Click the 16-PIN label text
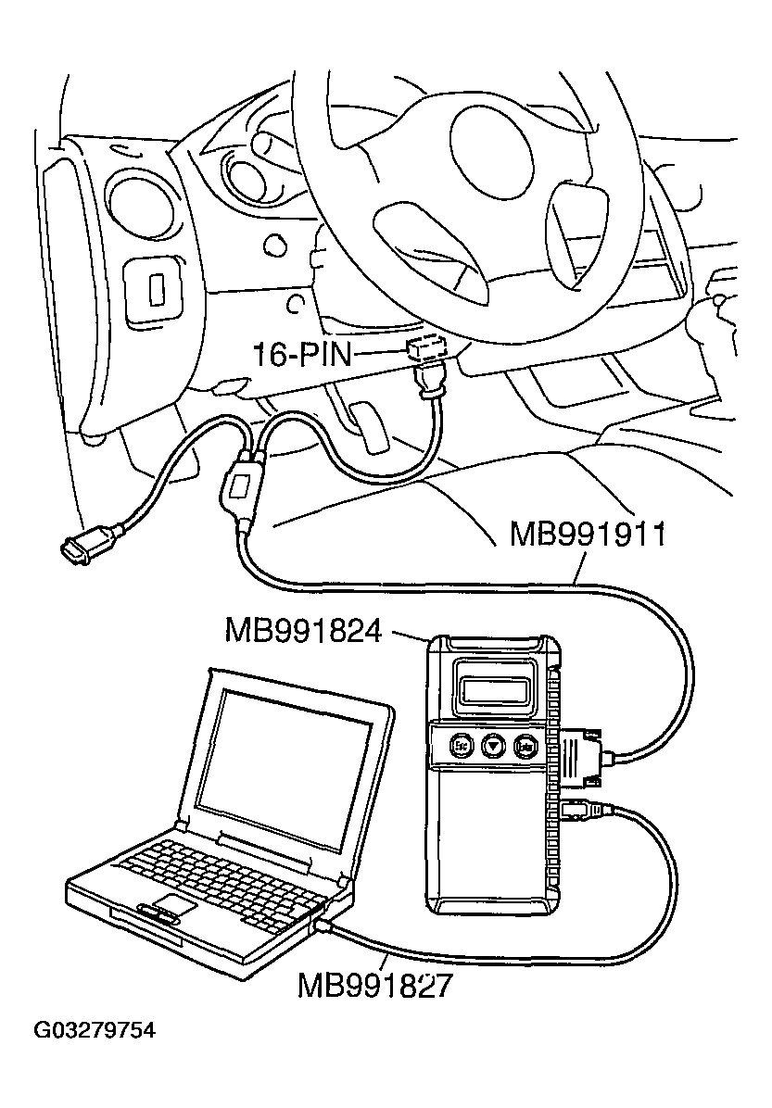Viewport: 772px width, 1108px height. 303,353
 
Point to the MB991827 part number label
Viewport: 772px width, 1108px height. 374,985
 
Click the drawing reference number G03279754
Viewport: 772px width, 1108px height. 95,1031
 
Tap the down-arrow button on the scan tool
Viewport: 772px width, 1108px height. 493,744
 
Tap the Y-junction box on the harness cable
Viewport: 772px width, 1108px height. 241,488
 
